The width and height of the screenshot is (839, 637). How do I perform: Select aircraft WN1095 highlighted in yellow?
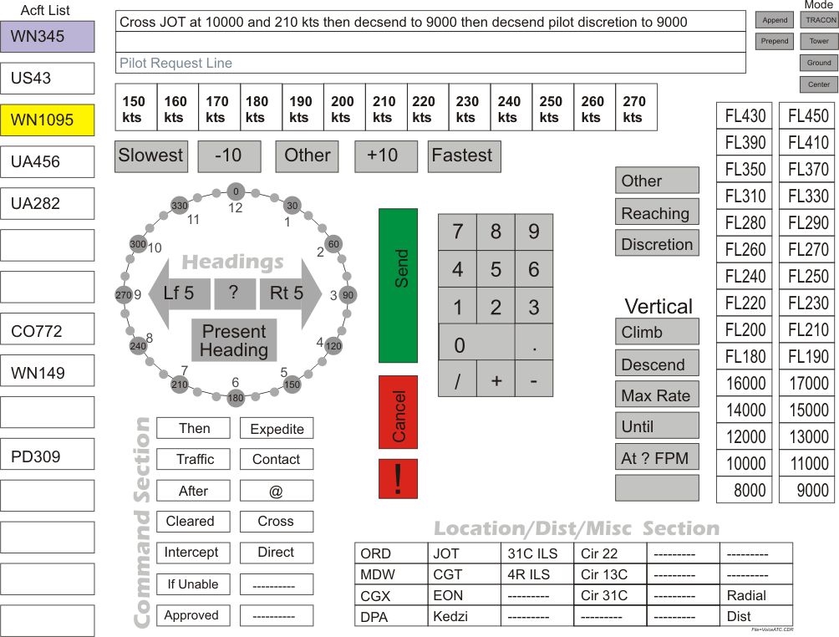pos(48,120)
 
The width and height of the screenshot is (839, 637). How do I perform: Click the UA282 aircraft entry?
pos(48,203)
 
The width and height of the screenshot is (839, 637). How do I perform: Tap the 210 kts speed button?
pos(385,108)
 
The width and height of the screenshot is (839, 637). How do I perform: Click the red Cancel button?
pos(398,412)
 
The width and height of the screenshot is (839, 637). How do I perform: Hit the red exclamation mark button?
pos(398,479)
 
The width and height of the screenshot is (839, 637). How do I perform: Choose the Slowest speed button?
pos(151,156)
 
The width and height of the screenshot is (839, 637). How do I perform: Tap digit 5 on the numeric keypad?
pos(496,270)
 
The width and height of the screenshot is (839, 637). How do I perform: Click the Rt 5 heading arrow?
pos(288,293)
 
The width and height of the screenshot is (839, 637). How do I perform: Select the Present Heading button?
pos(234,340)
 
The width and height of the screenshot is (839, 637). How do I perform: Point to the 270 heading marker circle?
pos(124,295)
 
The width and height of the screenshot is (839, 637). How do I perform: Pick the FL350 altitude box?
pos(745,169)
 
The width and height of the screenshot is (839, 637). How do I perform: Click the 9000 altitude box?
pos(806,490)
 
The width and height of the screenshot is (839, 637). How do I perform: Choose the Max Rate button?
pos(657,395)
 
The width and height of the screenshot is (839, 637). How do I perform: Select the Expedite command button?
pos(277,429)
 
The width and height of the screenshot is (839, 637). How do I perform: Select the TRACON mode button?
pos(819,20)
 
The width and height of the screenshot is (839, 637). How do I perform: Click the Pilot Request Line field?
pos(430,63)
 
